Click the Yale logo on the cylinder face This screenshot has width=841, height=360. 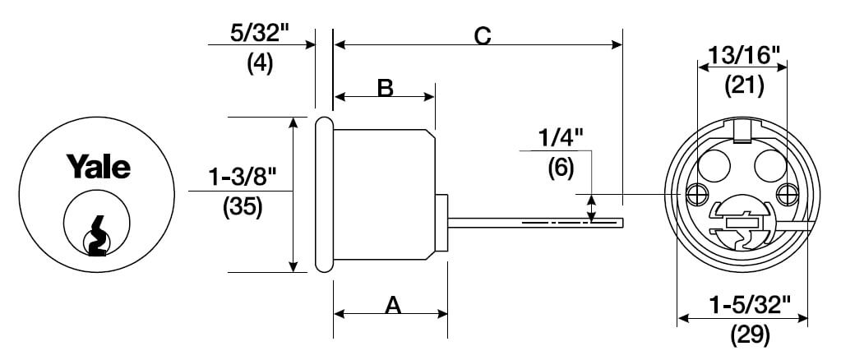pyautogui.click(x=98, y=166)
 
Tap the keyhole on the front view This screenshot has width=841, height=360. pyautogui.click(x=96, y=236)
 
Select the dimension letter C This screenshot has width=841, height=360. pyautogui.click(x=483, y=36)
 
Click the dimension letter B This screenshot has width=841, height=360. pyautogui.click(x=385, y=87)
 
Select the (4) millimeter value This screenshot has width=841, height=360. pyautogui.click(x=260, y=64)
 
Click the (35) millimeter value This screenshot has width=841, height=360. pyautogui.click(x=243, y=208)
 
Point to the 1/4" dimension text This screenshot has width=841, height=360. pyautogui.click(x=561, y=140)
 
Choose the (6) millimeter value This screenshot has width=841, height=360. pyautogui.click(x=561, y=169)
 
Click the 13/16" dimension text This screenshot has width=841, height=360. pyautogui.click(x=743, y=55)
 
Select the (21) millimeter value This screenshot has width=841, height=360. pyautogui.click(x=744, y=85)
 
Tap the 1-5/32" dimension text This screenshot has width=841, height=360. pyautogui.click(x=750, y=306)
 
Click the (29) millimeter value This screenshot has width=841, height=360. pyautogui.click(x=751, y=336)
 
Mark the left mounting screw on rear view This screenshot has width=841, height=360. pyautogui.click(x=695, y=194)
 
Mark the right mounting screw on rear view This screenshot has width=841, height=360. pyautogui.click(x=786, y=194)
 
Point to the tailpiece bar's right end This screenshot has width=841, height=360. pyautogui.click(x=622, y=223)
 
